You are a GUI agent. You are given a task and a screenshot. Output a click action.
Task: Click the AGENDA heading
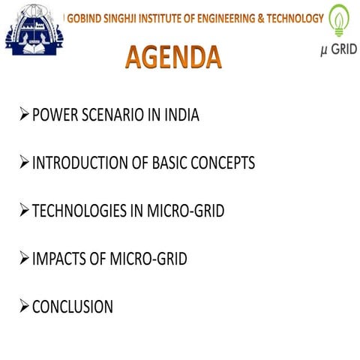pos(172,57)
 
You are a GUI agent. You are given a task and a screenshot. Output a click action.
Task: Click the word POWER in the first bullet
pos(55,116)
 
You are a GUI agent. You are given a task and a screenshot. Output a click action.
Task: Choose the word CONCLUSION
pos(73,307)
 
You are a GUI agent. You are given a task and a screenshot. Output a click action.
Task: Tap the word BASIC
pos(167,163)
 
